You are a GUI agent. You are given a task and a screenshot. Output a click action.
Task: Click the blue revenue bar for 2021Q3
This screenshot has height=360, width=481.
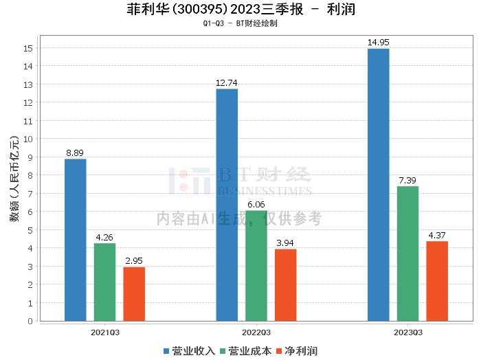coord(76,240)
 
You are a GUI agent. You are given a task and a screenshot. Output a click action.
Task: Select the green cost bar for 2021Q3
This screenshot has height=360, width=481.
coord(105,282)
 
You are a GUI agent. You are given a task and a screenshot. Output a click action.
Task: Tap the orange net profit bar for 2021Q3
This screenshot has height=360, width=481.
coord(134,293)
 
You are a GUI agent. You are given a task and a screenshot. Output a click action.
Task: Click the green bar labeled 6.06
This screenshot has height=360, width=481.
coord(256,265)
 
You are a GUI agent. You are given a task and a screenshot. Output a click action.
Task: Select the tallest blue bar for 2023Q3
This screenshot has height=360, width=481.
coord(379,185)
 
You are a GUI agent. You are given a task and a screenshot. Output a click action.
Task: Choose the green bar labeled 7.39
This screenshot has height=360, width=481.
coord(407,254)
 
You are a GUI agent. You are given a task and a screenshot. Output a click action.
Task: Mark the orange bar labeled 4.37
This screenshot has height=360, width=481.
coord(437,281)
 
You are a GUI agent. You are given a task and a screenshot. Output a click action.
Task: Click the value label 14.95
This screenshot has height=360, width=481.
coord(379,43)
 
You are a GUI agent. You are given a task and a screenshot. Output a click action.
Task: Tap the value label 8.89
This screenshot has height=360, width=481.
coord(76,153)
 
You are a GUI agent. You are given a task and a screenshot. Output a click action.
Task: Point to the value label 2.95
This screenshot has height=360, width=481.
coord(134,261)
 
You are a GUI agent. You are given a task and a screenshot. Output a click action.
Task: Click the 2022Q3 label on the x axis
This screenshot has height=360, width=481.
coord(256,333)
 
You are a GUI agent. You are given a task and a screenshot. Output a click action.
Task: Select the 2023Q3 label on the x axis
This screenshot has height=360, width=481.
coord(407,333)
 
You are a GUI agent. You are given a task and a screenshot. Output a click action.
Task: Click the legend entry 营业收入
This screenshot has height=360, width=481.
coord(190,351)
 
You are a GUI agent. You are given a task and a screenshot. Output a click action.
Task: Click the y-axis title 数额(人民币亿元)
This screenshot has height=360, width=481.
coord(14,184)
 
